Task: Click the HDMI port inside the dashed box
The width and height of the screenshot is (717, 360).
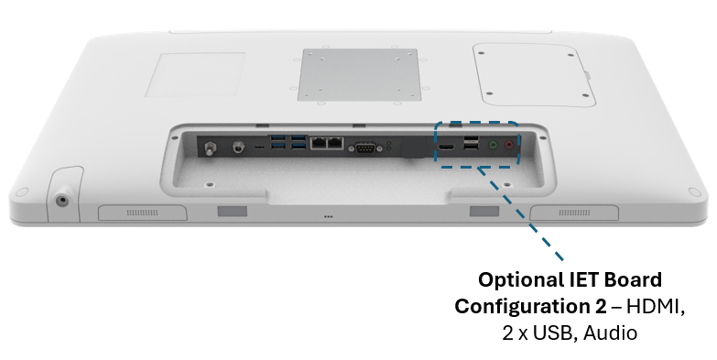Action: click(447, 147)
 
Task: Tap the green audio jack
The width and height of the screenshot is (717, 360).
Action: click(493, 146)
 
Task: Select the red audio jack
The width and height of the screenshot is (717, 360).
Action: click(509, 146)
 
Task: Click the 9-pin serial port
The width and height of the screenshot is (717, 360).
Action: click(362, 148)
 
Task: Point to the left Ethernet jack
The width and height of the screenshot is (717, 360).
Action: click(318, 143)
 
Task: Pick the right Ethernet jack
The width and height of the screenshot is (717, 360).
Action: click(335, 143)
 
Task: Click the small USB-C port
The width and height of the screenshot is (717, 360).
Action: click(259, 147)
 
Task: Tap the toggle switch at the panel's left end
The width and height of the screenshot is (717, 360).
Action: click(211, 147)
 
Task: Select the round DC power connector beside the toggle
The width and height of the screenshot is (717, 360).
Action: click(237, 147)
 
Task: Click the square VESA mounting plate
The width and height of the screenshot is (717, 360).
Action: click(359, 74)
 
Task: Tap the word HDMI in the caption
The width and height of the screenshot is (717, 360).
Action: click(656, 306)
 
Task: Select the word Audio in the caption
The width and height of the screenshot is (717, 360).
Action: click(610, 333)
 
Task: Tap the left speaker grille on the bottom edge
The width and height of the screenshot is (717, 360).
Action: click(142, 213)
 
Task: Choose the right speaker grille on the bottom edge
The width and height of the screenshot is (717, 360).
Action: click(574, 213)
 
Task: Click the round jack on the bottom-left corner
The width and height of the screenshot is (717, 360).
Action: click(61, 201)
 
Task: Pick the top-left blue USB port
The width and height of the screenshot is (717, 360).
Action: click(278, 137)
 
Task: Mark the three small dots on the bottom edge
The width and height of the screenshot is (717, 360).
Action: click(329, 216)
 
